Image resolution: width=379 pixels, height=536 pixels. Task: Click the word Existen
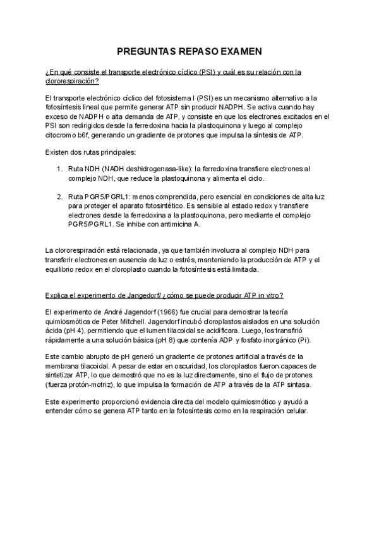(x=57, y=152)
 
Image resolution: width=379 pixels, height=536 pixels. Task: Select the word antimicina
(x=186, y=224)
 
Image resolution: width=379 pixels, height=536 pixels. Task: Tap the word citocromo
(x=61, y=135)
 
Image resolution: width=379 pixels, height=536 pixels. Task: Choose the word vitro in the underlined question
(x=272, y=296)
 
